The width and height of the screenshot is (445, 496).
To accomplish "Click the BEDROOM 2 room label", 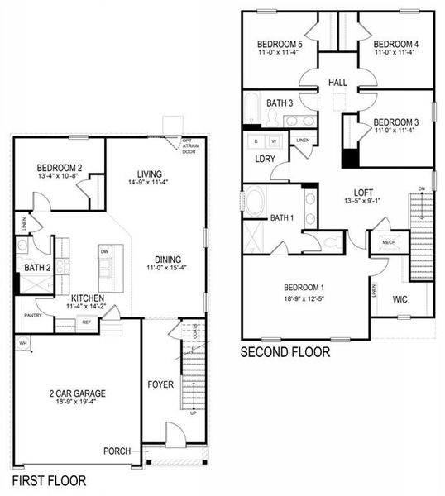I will (57, 169).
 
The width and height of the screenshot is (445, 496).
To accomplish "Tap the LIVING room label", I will (148, 174).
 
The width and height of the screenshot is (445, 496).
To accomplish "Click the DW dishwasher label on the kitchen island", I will (104, 250).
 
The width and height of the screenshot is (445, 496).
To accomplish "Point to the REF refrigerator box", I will (87, 323).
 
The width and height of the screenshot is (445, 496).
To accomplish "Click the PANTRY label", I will (33, 315).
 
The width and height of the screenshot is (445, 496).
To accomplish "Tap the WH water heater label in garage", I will (23, 342).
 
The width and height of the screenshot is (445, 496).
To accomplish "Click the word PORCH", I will (117, 451).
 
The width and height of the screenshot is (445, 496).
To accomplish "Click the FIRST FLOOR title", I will (49, 479).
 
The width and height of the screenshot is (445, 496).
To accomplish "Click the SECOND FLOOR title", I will (285, 352).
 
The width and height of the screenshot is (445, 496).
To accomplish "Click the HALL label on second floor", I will (337, 83).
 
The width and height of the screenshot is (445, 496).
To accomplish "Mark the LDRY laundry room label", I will (265, 159).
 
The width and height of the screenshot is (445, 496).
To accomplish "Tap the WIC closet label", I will (400, 298).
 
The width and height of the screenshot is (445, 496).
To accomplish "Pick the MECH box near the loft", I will (389, 242).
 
